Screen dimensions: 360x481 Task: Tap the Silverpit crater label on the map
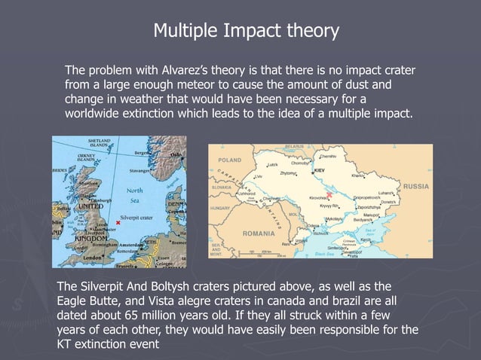(x=139, y=217)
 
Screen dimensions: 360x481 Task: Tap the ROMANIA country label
(x=258, y=233)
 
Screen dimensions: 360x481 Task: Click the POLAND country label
(x=230, y=160)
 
